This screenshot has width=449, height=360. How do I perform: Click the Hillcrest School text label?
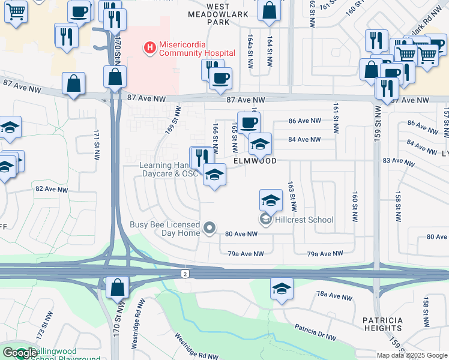(304, 220)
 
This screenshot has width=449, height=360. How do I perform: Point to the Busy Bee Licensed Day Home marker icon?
(209, 227)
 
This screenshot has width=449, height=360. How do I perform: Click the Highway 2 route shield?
(185, 274)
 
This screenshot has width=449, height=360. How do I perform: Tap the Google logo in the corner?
(20, 353)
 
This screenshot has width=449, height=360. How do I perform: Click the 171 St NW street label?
(96, 143)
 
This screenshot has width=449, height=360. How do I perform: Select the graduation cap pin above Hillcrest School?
(271, 200)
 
